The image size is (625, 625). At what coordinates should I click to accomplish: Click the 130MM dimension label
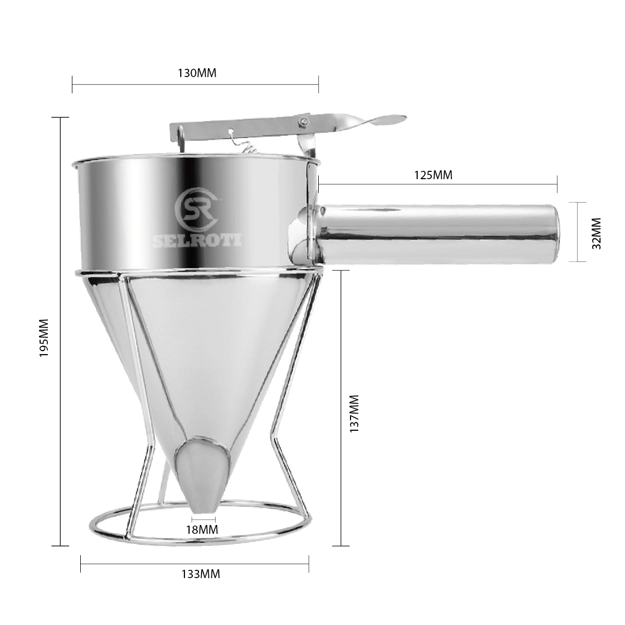(197, 73)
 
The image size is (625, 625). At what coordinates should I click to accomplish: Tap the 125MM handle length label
(433, 175)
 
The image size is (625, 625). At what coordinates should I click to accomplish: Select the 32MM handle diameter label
(597, 233)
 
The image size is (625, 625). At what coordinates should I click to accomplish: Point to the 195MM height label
(44, 337)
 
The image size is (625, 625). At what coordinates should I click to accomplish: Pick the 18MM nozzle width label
(203, 530)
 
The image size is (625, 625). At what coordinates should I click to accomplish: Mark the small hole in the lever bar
(230, 131)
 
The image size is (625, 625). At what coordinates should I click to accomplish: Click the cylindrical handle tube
(438, 233)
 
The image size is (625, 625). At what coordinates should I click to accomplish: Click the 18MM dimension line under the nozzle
(203, 519)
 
